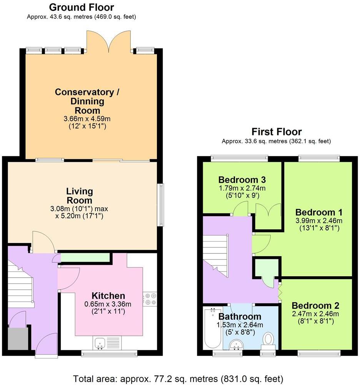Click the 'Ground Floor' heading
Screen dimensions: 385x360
(x=82, y=7)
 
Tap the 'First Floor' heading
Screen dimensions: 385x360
(x=276, y=132)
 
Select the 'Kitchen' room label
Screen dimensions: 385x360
(x=108, y=296)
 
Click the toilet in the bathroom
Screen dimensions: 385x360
(x=268, y=340)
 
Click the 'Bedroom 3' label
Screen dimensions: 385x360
(x=242, y=180)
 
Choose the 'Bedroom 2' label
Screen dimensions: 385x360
(x=315, y=306)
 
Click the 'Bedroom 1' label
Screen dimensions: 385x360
(x=318, y=212)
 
